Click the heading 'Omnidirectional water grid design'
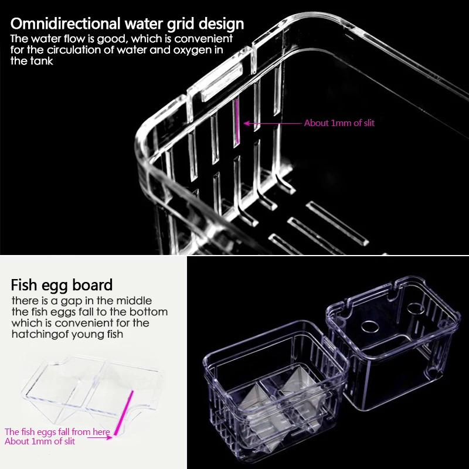[x=127, y=24]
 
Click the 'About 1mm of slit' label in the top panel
[x=339, y=123]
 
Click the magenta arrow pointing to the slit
[x=273, y=123]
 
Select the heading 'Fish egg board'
[x=62, y=286]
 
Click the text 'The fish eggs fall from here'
[x=57, y=432]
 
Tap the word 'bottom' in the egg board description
[x=148, y=311]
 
